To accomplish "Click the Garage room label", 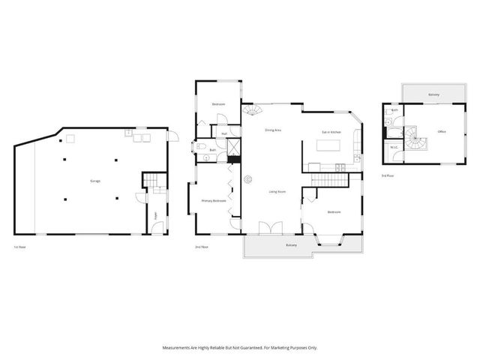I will point(95,181).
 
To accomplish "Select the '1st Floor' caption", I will point(20,247).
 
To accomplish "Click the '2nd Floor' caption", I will point(200,247).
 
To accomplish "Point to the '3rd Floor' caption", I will point(387,175).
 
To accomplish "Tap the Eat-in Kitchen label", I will point(331,132).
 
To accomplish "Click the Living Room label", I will point(277,192).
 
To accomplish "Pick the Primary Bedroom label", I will point(214,201).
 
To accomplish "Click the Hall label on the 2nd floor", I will point(223,134).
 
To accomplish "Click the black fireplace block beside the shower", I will point(234,158).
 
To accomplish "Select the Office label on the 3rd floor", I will point(442,132).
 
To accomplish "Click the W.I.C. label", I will point(394,147).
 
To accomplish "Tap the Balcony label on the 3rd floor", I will point(433,94).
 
